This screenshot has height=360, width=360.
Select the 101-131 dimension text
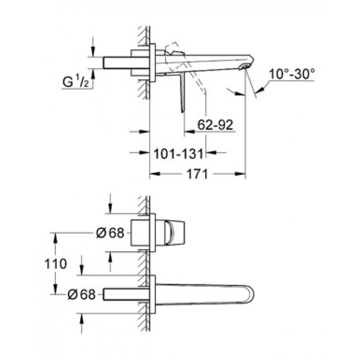pyautogui.click(x=178, y=153)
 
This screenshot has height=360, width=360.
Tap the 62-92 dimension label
pyautogui.click(x=215, y=126)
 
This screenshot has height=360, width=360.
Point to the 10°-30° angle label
pyautogui.click(x=292, y=74)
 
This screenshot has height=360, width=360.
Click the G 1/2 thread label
pyautogui.click(x=76, y=82)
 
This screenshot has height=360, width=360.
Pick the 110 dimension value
pyautogui.click(x=55, y=264)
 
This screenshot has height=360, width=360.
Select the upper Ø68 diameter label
pyautogui.click(x=110, y=233)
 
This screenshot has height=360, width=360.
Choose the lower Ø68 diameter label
pyautogui.click(x=81, y=294)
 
